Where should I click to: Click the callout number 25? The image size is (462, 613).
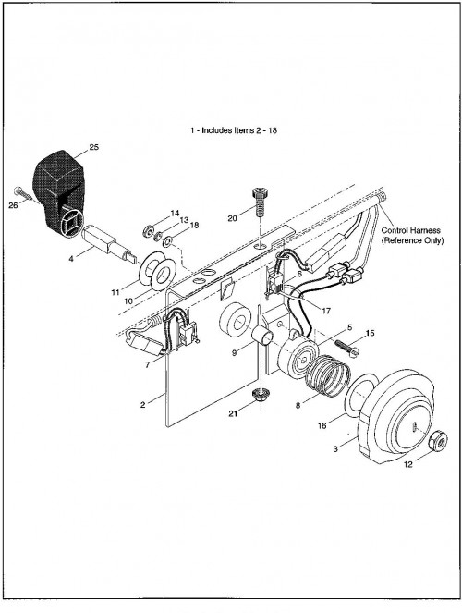click(x=94, y=147)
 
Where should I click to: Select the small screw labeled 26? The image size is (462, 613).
click(x=24, y=194)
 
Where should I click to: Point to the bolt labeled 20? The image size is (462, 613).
click(x=260, y=202)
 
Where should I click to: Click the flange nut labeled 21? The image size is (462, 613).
click(x=259, y=395)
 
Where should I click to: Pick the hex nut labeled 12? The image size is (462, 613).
click(x=438, y=442)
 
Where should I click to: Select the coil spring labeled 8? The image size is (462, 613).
click(x=327, y=375)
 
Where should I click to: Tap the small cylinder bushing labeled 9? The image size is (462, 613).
click(x=261, y=336)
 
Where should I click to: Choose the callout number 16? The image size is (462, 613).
click(x=322, y=425)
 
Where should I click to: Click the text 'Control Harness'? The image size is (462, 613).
click(x=411, y=230)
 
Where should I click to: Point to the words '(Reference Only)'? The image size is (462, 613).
click(x=412, y=240)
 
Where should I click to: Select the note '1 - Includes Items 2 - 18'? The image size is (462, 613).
click(x=234, y=130)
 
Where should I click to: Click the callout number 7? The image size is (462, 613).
click(x=147, y=365)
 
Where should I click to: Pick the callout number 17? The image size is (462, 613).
click(x=326, y=311)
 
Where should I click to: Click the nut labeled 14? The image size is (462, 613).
click(x=149, y=229)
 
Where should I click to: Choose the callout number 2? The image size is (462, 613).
click(x=142, y=405)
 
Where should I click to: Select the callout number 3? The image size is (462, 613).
click(x=335, y=449)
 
